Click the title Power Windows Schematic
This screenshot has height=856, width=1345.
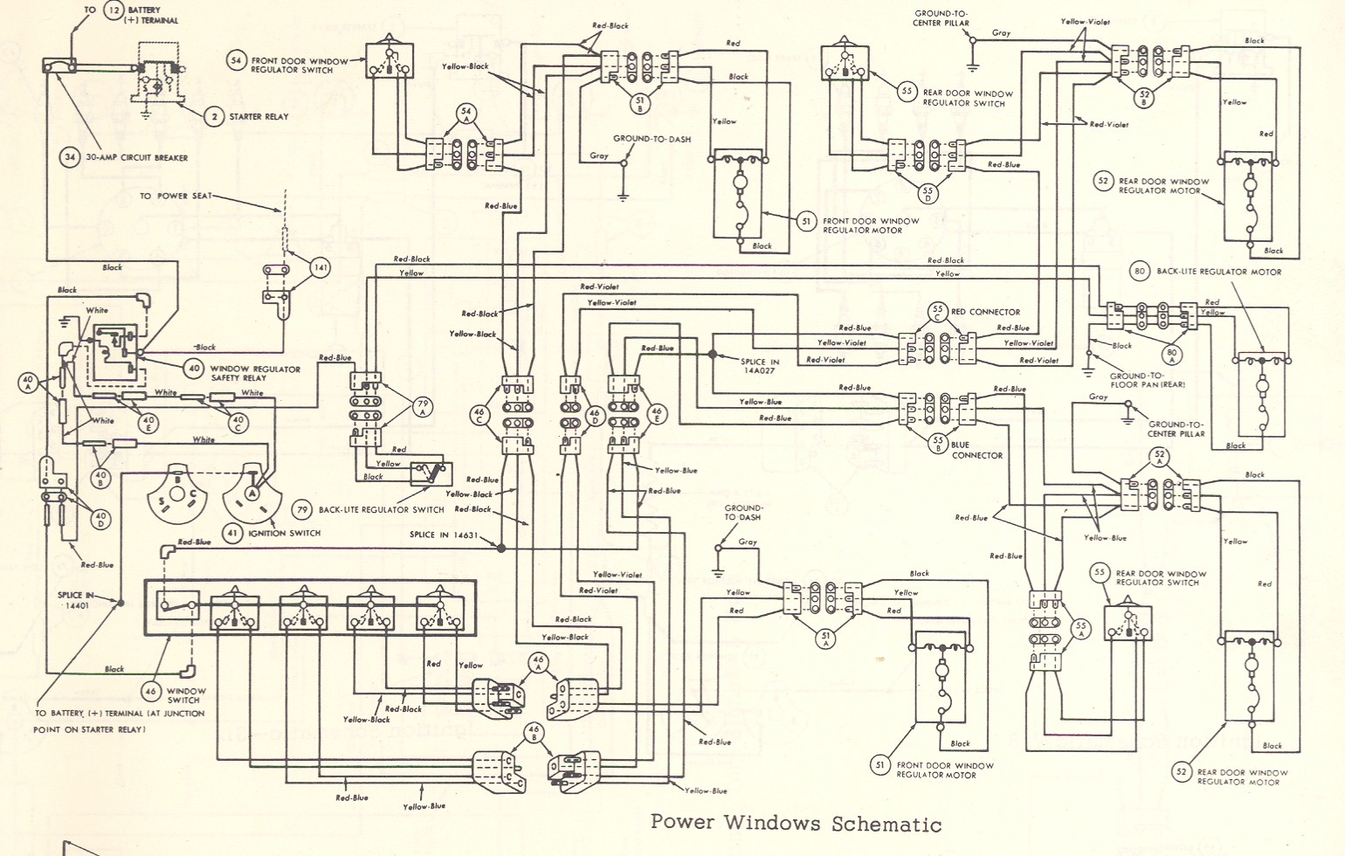(x=796, y=824)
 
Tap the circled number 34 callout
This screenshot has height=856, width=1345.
(x=70, y=158)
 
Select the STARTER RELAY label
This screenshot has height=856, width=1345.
(x=259, y=116)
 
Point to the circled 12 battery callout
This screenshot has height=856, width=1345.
(x=114, y=10)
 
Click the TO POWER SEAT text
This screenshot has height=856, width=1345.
(x=176, y=196)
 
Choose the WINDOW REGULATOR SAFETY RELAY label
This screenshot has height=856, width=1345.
(x=255, y=373)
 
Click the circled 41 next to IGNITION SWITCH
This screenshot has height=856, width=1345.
(x=231, y=533)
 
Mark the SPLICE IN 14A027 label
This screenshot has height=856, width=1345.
(x=760, y=367)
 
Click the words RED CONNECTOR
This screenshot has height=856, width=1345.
(x=985, y=312)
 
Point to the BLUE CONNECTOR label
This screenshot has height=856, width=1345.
(x=976, y=450)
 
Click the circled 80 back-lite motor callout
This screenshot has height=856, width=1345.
(x=1139, y=272)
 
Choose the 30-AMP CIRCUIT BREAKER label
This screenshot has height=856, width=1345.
(x=135, y=158)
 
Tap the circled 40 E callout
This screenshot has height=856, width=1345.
(x=149, y=422)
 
